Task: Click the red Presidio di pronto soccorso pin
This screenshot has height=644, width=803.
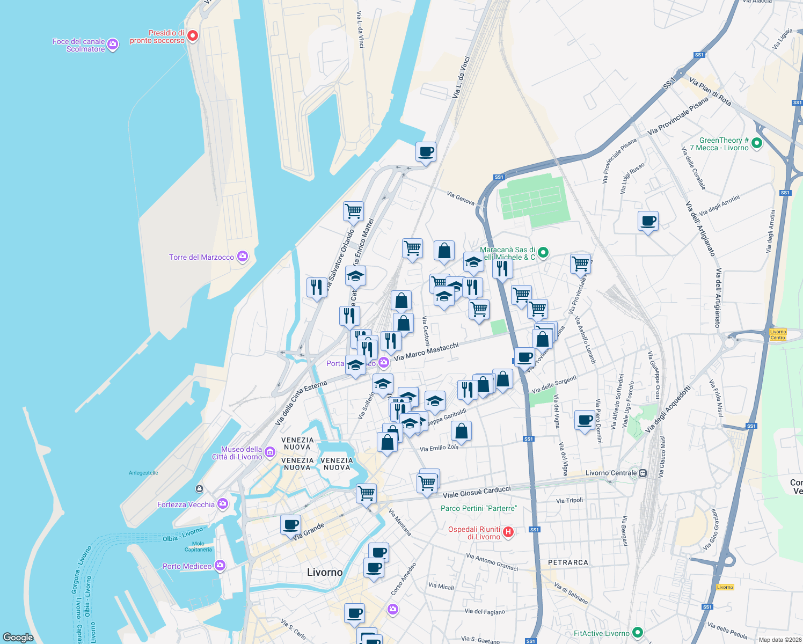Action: click(193, 36)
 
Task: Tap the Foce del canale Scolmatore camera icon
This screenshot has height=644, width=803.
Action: click(113, 45)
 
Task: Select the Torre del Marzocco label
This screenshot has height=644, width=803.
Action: click(201, 257)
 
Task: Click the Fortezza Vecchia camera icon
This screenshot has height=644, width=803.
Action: click(223, 504)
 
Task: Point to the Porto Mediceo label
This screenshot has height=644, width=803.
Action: click(187, 566)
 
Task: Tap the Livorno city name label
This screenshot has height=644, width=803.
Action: click(325, 573)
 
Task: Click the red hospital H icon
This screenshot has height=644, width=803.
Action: click(508, 532)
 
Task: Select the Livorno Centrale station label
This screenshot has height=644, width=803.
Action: click(611, 473)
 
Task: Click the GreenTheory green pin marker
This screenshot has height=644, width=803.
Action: click(757, 143)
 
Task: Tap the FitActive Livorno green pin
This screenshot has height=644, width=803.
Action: click(638, 633)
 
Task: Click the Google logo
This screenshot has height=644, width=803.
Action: click(18, 637)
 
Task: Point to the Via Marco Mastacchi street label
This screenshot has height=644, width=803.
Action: click(426, 352)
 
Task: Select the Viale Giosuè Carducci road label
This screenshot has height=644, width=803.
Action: click(477, 492)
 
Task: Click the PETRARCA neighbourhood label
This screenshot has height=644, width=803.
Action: click(568, 562)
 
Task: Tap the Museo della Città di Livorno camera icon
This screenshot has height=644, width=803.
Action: click(271, 453)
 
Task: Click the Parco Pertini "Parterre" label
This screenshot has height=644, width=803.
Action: click(479, 508)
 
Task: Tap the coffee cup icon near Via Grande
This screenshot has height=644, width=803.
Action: click(290, 524)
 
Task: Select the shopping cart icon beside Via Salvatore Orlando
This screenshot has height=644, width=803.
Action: click(353, 210)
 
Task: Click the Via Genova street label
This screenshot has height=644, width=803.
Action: click(461, 198)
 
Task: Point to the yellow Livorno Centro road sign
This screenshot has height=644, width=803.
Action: click(778, 334)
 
